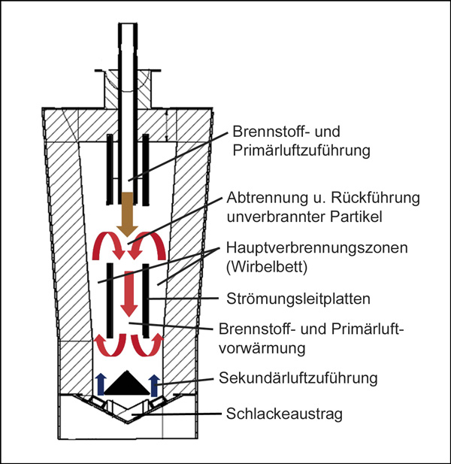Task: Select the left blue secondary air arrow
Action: pos(101,384)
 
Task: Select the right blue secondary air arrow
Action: pos(154,385)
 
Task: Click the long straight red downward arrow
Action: pos(129,294)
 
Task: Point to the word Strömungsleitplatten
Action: pos(298,299)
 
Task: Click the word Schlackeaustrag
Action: pos(284,414)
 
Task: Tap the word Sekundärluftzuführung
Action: pos(298,378)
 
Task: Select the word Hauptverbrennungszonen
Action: pos(316,247)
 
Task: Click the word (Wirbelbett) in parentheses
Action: pos(267,267)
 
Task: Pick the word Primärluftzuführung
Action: pos(301,150)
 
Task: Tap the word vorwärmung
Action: pos(262,348)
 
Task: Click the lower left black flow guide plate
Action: pos(110,300)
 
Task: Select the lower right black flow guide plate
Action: pos(146,300)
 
